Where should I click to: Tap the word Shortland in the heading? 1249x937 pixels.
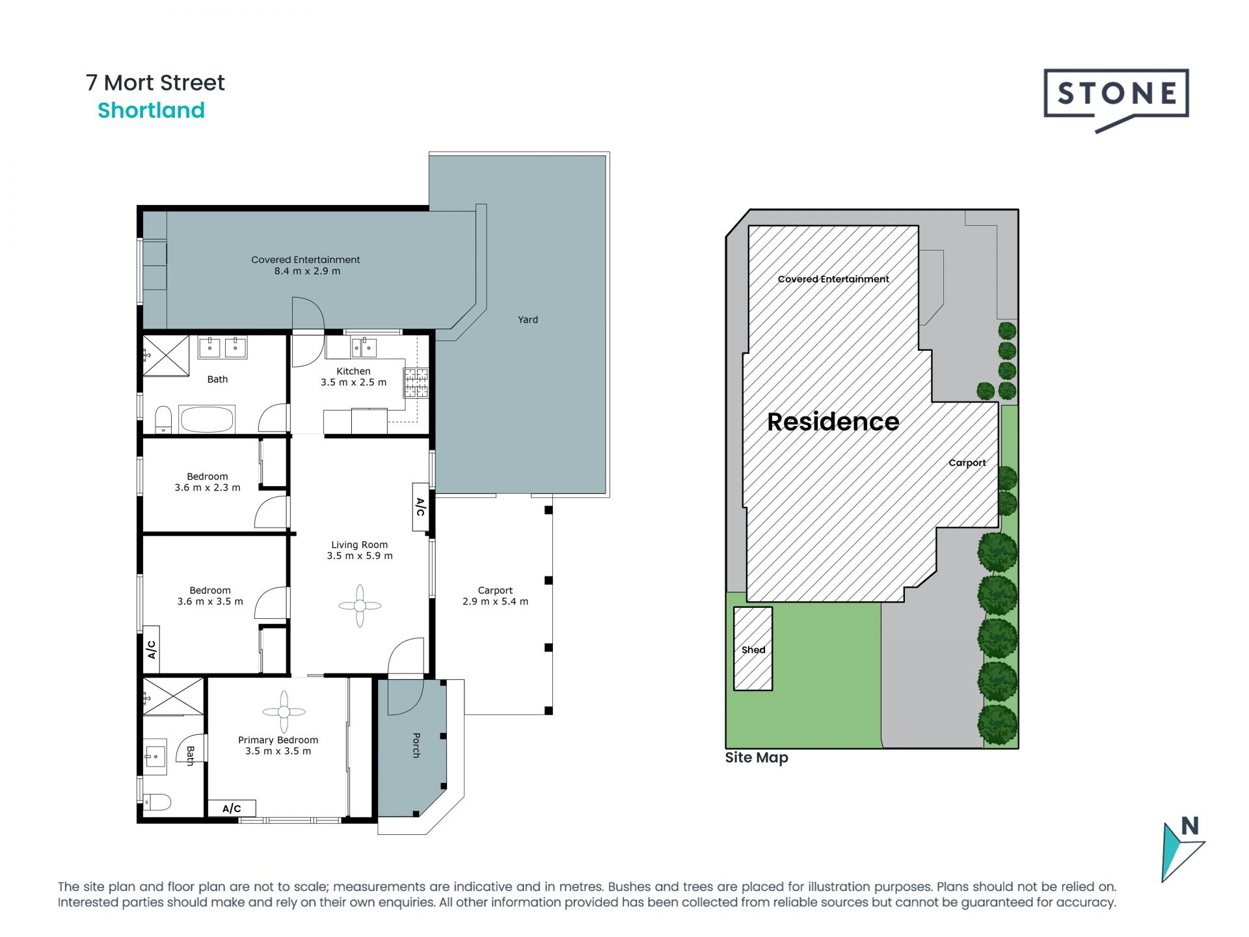tap(151, 111)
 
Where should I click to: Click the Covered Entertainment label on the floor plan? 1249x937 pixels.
tap(306, 260)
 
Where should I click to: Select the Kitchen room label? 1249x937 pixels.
tap(353, 371)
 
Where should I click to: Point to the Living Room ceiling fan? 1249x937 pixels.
tap(360, 606)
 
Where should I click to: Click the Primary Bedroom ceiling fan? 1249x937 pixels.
tap(284, 712)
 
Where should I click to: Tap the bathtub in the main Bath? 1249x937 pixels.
tap(207, 419)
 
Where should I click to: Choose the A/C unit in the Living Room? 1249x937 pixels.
tap(420, 506)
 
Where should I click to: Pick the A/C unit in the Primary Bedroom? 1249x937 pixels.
tap(232, 808)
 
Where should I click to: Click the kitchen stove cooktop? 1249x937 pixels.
tap(416, 383)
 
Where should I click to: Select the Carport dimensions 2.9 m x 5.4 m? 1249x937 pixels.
tap(495, 601)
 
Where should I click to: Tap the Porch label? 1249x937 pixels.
tap(416, 745)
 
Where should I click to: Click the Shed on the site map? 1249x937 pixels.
tap(753, 649)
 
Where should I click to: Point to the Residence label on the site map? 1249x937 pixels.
tap(833, 422)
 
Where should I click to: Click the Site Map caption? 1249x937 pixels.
tap(757, 758)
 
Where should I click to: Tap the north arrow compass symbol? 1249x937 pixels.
tap(1183, 849)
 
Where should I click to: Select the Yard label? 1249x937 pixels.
tap(528, 319)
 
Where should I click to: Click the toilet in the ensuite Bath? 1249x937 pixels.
tap(157, 802)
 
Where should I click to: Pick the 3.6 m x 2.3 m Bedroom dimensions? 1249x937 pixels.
tap(208, 487)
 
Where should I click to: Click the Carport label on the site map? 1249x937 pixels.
tap(967, 463)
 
